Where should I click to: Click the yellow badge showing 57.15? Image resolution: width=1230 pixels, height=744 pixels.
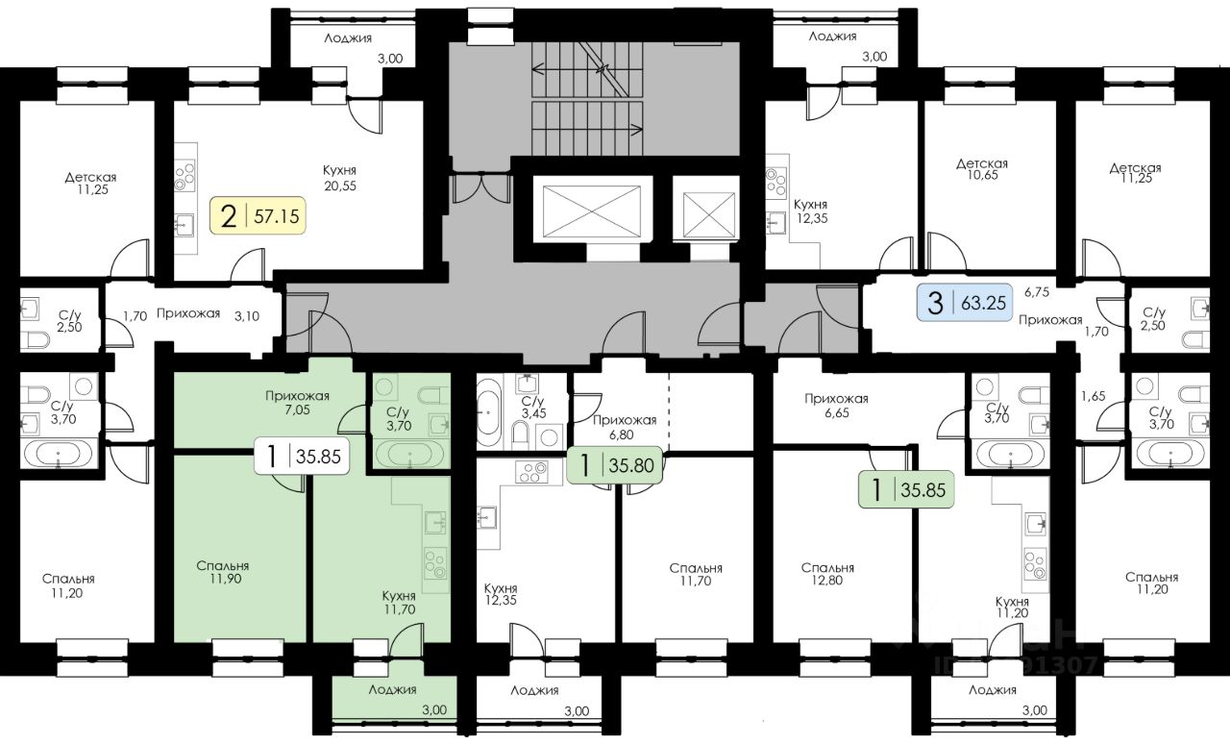(x=258, y=216)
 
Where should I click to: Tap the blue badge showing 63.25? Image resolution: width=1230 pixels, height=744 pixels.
(x=965, y=302)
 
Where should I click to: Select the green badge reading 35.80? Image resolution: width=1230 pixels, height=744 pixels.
(x=614, y=465)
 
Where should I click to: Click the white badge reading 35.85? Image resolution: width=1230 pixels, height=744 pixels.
(x=302, y=456)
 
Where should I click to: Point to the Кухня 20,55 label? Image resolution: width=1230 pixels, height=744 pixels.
(x=340, y=178)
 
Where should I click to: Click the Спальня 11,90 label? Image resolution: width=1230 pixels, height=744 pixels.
(x=223, y=572)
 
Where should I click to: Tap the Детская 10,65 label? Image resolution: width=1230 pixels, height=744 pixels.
(x=982, y=169)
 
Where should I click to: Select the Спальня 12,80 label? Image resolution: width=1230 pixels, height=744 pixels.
(x=827, y=574)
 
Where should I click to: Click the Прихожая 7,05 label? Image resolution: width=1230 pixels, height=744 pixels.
(x=297, y=402)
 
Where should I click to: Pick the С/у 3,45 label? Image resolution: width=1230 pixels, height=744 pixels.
(x=533, y=408)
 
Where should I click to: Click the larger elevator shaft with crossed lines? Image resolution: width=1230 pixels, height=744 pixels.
(x=591, y=211)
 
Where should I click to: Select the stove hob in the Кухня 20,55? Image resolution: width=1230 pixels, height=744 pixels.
(x=185, y=175)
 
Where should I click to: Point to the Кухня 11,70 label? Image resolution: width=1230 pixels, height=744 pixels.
(x=399, y=603)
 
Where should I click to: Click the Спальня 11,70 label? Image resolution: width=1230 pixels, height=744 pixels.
(x=696, y=574)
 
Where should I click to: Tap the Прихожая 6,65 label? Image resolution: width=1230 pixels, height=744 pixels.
(x=836, y=406)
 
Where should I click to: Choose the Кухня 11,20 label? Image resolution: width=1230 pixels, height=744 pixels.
(x=1012, y=608)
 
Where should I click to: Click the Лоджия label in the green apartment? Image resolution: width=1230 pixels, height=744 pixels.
(x=393, y=689)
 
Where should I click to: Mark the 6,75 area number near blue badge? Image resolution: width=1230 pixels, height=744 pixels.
(x=1037, y=292)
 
